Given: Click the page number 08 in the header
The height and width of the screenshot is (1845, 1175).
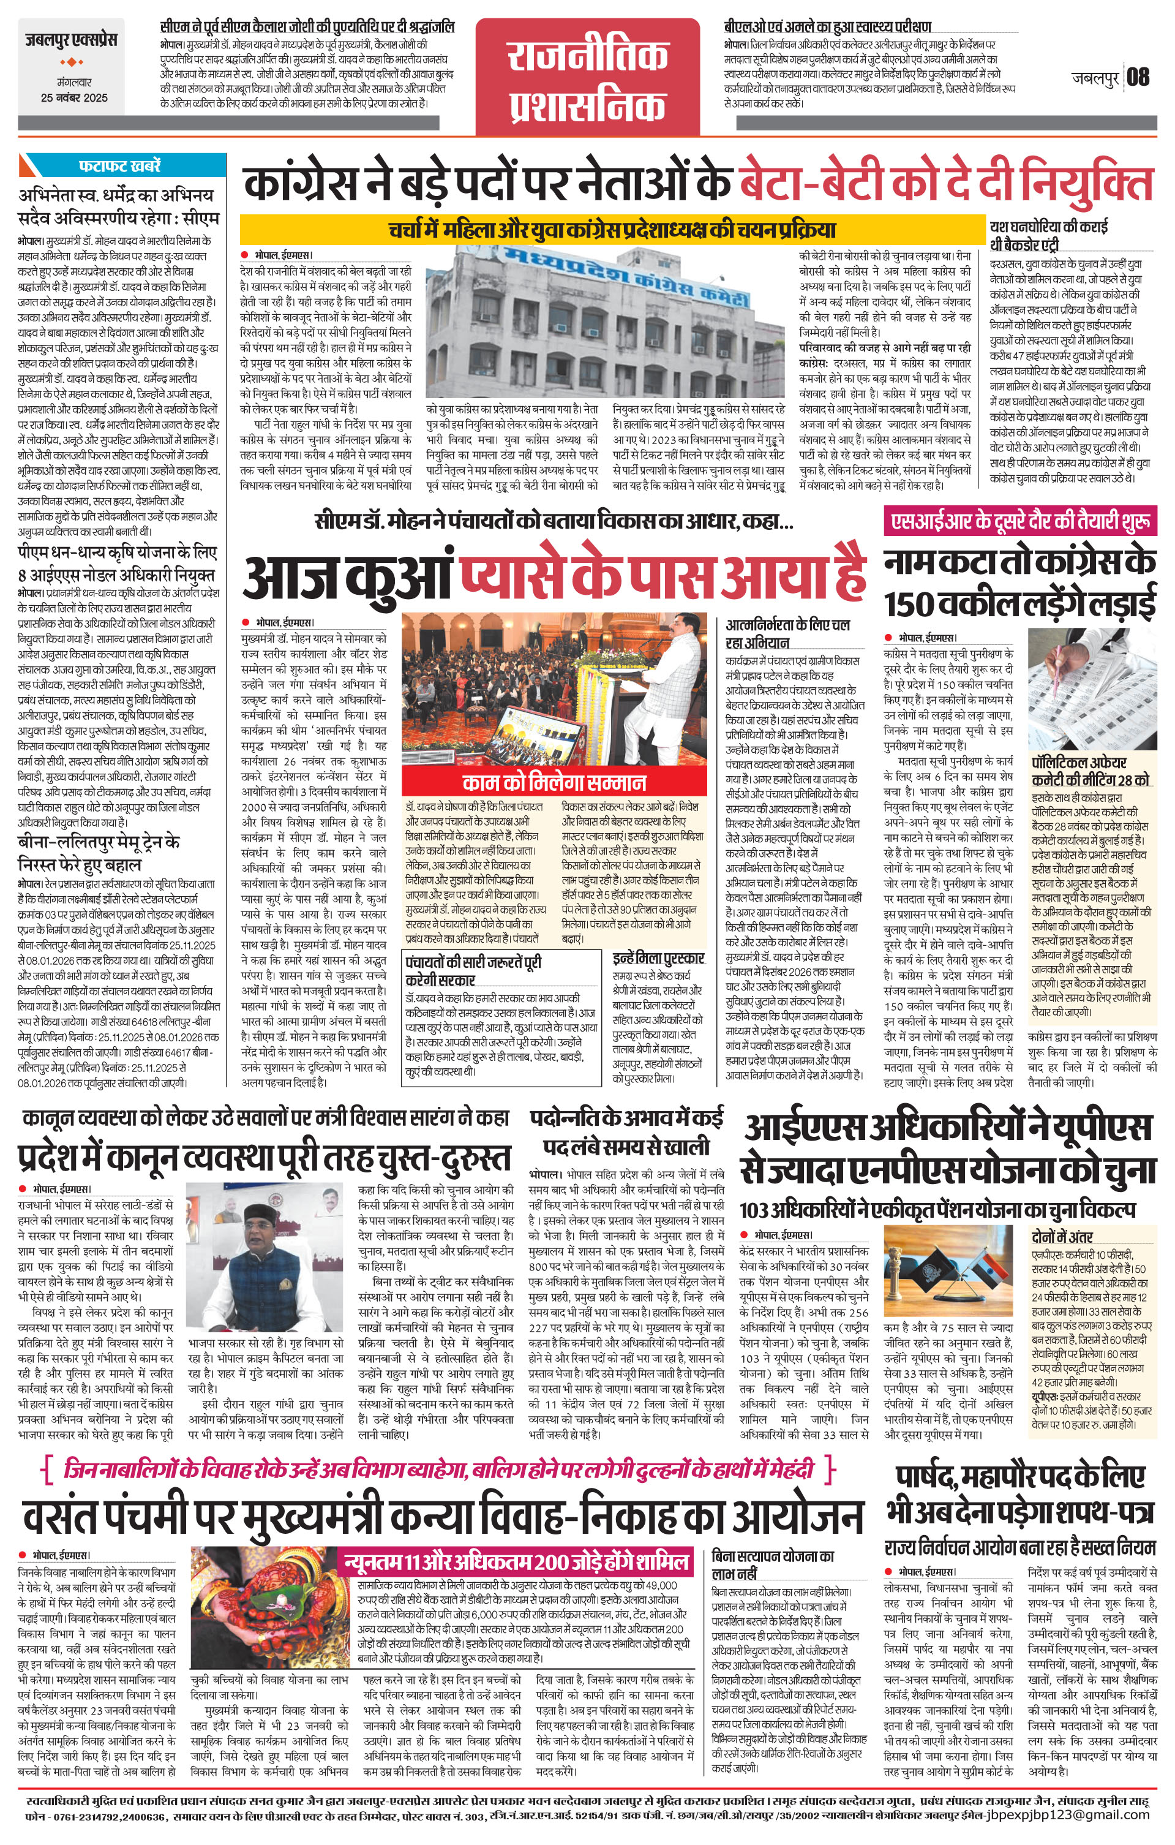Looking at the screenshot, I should click(1138, 77).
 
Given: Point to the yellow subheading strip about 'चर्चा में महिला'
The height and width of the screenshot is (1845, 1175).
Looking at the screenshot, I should click(611, 229).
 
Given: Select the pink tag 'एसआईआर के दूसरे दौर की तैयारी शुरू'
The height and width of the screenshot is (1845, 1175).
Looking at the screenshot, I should click(1019, 522).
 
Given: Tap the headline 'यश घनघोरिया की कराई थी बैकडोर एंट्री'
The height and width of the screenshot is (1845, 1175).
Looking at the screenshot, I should click(1048, 235).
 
